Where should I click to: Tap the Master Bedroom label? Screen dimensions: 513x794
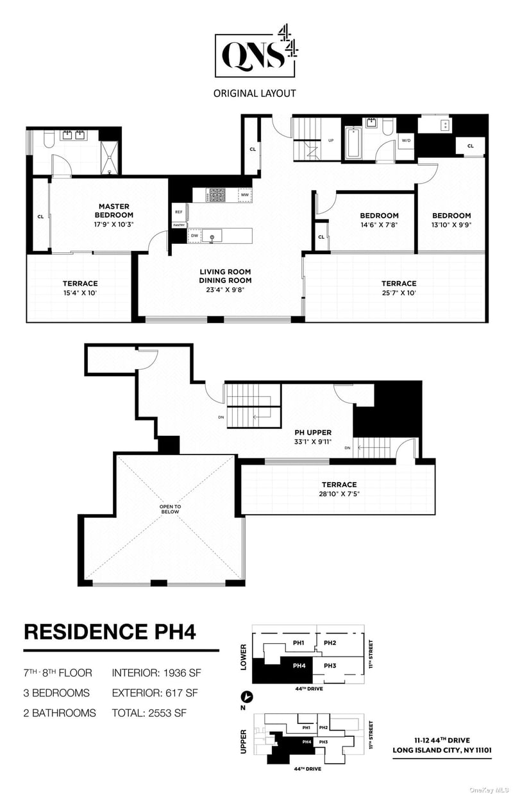[114, 211]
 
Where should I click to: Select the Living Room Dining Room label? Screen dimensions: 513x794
[225, 276]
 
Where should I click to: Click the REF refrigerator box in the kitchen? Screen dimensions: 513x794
[179, 212]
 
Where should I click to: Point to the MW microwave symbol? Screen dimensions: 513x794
[245, 195]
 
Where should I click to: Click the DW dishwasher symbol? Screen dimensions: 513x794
[194, 236]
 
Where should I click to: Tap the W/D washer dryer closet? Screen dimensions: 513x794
[406, 141]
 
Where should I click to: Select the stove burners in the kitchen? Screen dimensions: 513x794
[217, 195]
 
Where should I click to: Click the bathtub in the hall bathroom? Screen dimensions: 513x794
[353, 143]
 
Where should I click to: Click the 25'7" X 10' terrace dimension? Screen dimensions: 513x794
[399, 293]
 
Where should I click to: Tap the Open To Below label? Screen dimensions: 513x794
[170, 510]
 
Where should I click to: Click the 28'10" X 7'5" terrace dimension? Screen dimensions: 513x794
[339, 494]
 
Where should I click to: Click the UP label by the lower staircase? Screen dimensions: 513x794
[331, 141]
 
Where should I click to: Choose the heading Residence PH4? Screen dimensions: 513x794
[110, 632]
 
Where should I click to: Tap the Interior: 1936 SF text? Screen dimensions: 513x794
[156, 673]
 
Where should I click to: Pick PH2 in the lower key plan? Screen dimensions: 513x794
[330, 643]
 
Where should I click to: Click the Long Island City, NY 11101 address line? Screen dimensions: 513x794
[442, 750]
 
